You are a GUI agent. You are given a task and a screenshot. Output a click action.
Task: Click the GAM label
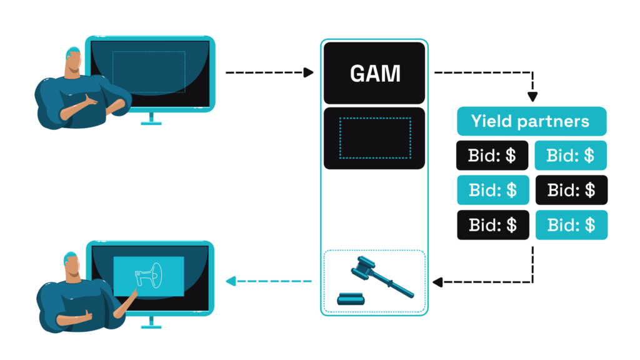pyautogui.click(x=374, y=74)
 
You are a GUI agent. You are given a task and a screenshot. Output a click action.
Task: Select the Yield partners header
pyautogui.click(x=531, y=121)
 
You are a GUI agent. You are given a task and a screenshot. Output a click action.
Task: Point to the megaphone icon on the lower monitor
pyautogui.click(x=148, y=276)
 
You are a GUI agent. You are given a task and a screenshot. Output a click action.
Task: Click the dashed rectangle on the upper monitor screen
pyautogui.click(x=149, y=72)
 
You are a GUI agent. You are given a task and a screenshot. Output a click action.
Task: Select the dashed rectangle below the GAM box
pyautogui.click(x=374, y=137)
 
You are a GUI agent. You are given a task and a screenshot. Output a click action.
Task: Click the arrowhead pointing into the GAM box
pyautogui.click(x=308, y=73)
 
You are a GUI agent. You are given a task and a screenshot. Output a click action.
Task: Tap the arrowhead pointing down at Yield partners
pyautogui.click(x=532, y=97)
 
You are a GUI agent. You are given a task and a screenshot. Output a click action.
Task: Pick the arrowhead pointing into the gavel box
pyautogui.click(x=437, y=282)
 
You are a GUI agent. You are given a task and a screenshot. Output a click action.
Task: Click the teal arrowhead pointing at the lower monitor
pyautogui.click(x=231, y=281)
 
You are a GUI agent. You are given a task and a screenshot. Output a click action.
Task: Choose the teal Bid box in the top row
pyautogui.click(x=571, y=156)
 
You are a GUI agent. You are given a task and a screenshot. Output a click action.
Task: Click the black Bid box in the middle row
pyautogui.click(x=571, y=190)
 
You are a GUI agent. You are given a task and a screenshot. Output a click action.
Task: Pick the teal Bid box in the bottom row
pyautogui.click(x=571, y=225)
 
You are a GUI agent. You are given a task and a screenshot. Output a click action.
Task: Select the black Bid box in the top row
pyautogui.click(x=492, y=156)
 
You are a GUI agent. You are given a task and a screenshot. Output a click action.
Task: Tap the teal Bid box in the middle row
pyautogui.click(x=492, y=190)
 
